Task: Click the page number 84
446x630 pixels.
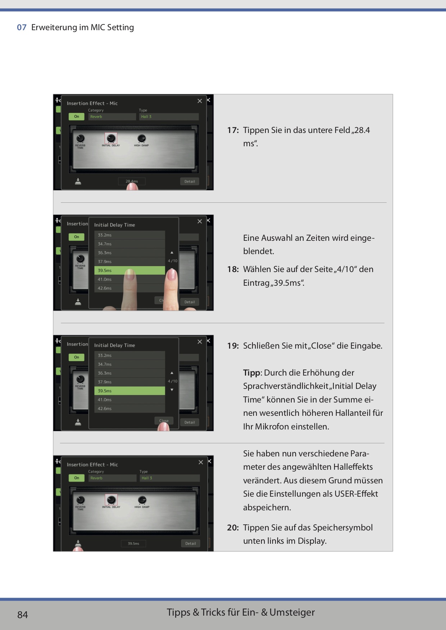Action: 22,615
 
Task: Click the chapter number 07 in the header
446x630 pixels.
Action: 22,28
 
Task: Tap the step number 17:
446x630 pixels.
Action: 233,130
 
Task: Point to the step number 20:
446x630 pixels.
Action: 233,528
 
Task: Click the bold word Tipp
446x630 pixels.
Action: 251,373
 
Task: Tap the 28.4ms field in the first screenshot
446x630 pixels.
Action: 132,181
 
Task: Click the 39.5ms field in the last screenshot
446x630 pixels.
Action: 133,543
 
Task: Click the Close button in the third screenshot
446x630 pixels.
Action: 164,420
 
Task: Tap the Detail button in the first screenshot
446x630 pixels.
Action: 190,181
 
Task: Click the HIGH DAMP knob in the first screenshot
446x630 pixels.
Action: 142,138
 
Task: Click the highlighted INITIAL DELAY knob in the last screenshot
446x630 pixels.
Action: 111,500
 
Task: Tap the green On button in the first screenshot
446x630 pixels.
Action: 77,116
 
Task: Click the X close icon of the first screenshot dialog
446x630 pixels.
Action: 200,101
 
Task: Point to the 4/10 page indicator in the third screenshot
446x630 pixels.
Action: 172,381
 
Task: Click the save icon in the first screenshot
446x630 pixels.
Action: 78,181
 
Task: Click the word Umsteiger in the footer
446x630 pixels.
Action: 292,612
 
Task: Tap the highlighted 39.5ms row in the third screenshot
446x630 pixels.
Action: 129,391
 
